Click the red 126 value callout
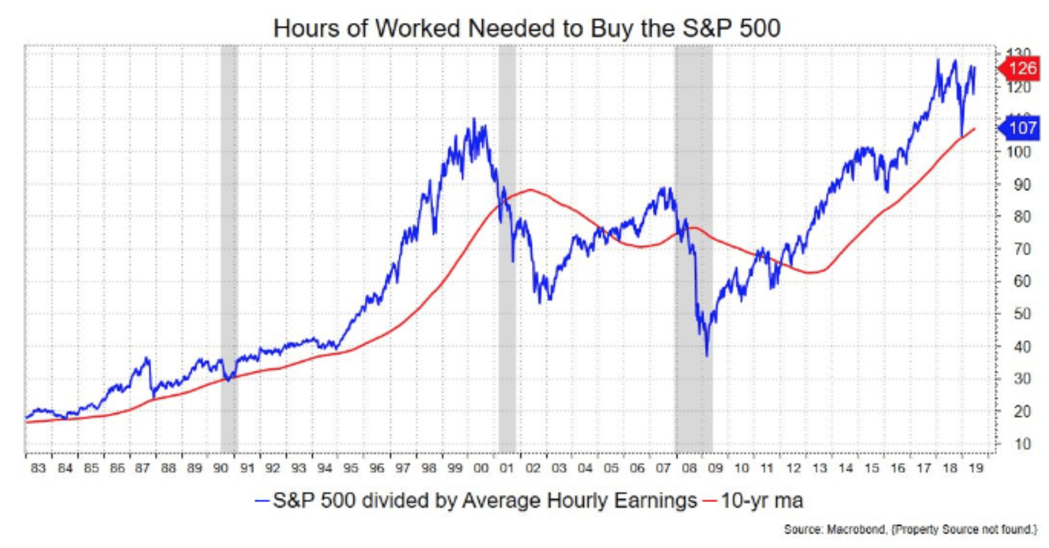(x=1021, y=68)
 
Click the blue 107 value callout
(x=1021, y=127)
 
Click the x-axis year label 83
(x=38, y=468)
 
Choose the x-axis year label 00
(x=481, y=468)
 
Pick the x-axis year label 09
(x=715, y=468)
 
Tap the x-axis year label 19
(x=975, y=468)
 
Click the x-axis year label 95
(x=350, y=468)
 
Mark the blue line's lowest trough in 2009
(x=707, y=355)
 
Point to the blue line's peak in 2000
(x=474, y=119)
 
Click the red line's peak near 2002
(x=530, y=190)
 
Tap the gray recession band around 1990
(x=229, y=249)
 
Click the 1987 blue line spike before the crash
(x=148, y=359)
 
